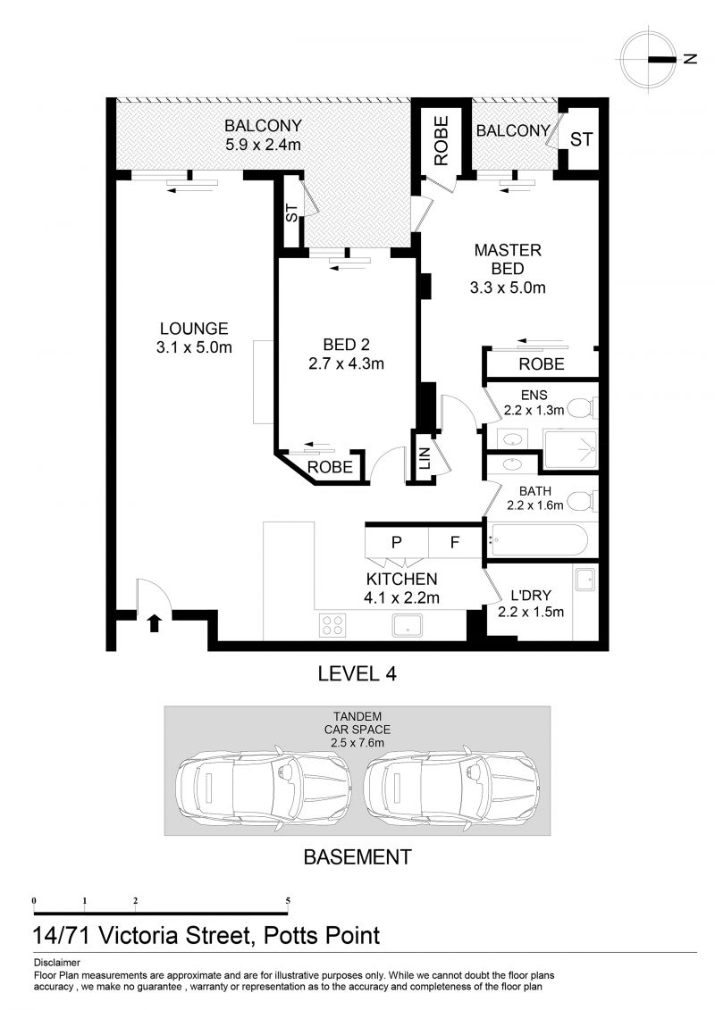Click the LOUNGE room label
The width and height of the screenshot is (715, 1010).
pos(194,329)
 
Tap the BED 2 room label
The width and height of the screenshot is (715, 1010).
pos(346,345)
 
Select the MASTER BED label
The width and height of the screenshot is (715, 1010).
pos(508,259)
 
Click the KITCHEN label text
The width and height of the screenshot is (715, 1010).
pos(401,579)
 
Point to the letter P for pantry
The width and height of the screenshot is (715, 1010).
pos(397,542)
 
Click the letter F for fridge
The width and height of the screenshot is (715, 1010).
pos(455,542)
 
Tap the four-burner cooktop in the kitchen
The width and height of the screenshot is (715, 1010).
pos(332,624)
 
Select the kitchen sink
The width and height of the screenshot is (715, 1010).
pos(408,625)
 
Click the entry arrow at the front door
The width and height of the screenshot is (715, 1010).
pos(154,622)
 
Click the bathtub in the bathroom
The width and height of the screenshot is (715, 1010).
pos(538,540)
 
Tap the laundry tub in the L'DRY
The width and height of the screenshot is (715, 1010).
pos(586,579)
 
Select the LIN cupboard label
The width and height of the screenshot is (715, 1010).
pos(425,459)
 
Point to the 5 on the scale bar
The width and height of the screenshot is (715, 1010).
pos(288,900)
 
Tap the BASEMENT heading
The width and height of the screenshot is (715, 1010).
pos(357,857)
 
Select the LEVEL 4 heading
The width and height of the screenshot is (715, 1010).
pos(357,673)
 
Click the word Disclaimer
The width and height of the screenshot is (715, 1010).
pos(56,963)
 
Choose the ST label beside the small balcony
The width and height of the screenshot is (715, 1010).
pos(581,139)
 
